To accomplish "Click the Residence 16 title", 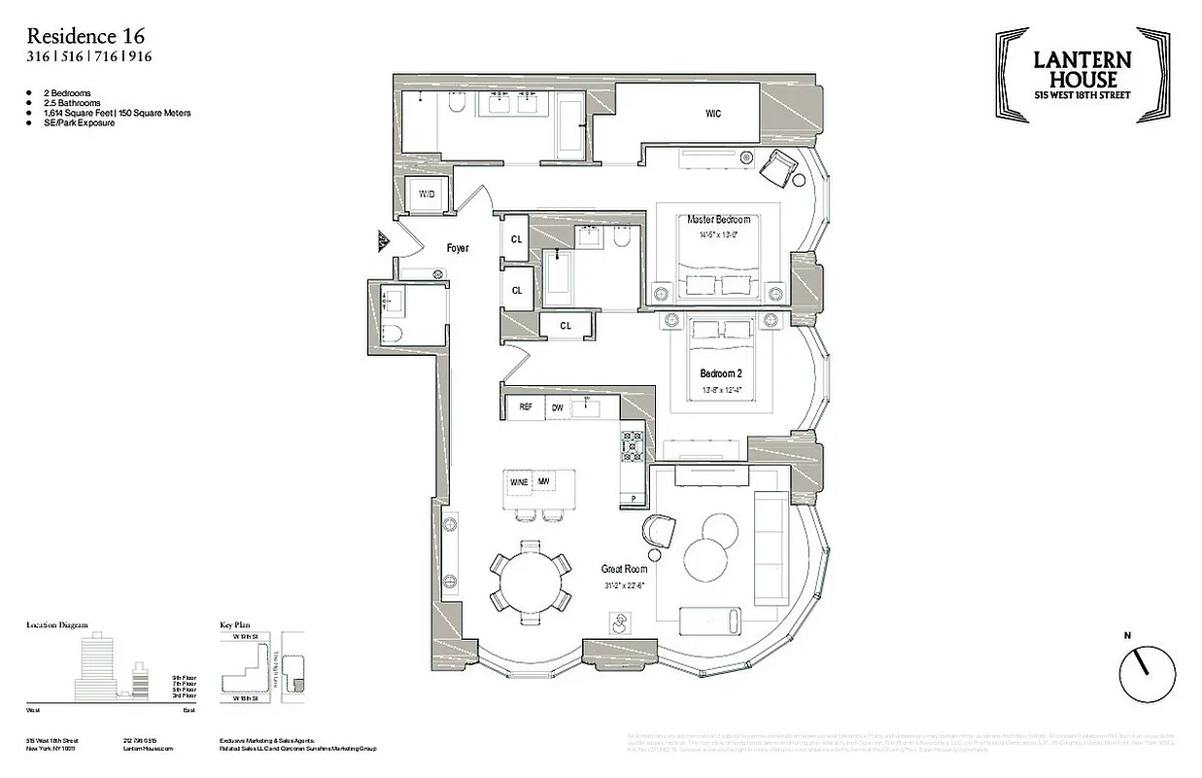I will tap(86, 36).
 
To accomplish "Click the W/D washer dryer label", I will tap(427, 194).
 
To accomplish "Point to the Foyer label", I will tap(458, 248).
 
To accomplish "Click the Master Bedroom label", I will tap(719, 220).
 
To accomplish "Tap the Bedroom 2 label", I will tap(721, 373).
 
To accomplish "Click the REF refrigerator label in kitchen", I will tap(526, 407).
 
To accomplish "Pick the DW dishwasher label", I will tap(558, 407).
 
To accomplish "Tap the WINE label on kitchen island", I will tap(518, 481).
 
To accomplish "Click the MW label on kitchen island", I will tap(544, 481).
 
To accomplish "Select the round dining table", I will tap(530, 582).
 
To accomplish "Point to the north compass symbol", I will tap(1147, 672).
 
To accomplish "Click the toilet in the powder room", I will tap(392, 334).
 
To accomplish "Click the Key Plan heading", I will tap(237, 625).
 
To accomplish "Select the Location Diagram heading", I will tap(57, 625).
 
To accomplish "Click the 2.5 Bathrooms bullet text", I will tap(72, 103).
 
